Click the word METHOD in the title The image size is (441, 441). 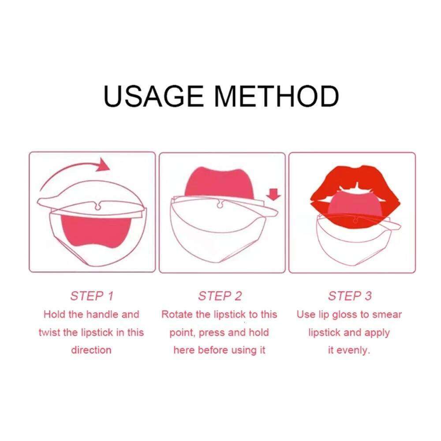279,96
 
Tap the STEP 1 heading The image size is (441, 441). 92,296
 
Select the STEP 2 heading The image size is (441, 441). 220,296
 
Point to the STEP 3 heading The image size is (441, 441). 350,296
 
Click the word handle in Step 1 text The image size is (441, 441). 101,314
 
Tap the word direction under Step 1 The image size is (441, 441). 91,350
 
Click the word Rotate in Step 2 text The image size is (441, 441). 177,314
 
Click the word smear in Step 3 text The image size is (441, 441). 386,314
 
